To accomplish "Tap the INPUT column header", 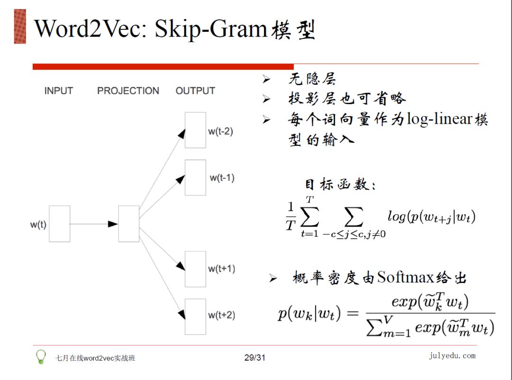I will [59, 90].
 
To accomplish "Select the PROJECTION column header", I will [128, 90].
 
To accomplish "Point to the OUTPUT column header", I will [195, 90].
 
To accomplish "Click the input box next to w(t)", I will [59, 224].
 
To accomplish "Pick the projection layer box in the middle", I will [129, 224].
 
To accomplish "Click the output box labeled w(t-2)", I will [195, 130].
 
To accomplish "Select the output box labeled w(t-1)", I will [195, 178].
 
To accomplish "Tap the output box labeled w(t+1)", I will [195, 269].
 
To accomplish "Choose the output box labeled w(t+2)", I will [195, 317].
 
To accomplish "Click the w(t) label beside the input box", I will [38, 224].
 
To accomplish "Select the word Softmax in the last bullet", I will [405, 277].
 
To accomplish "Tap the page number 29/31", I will [255, 358].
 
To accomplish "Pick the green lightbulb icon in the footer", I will [42, 356].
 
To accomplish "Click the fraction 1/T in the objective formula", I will [290, 217].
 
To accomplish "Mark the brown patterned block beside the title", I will [20, 27].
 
